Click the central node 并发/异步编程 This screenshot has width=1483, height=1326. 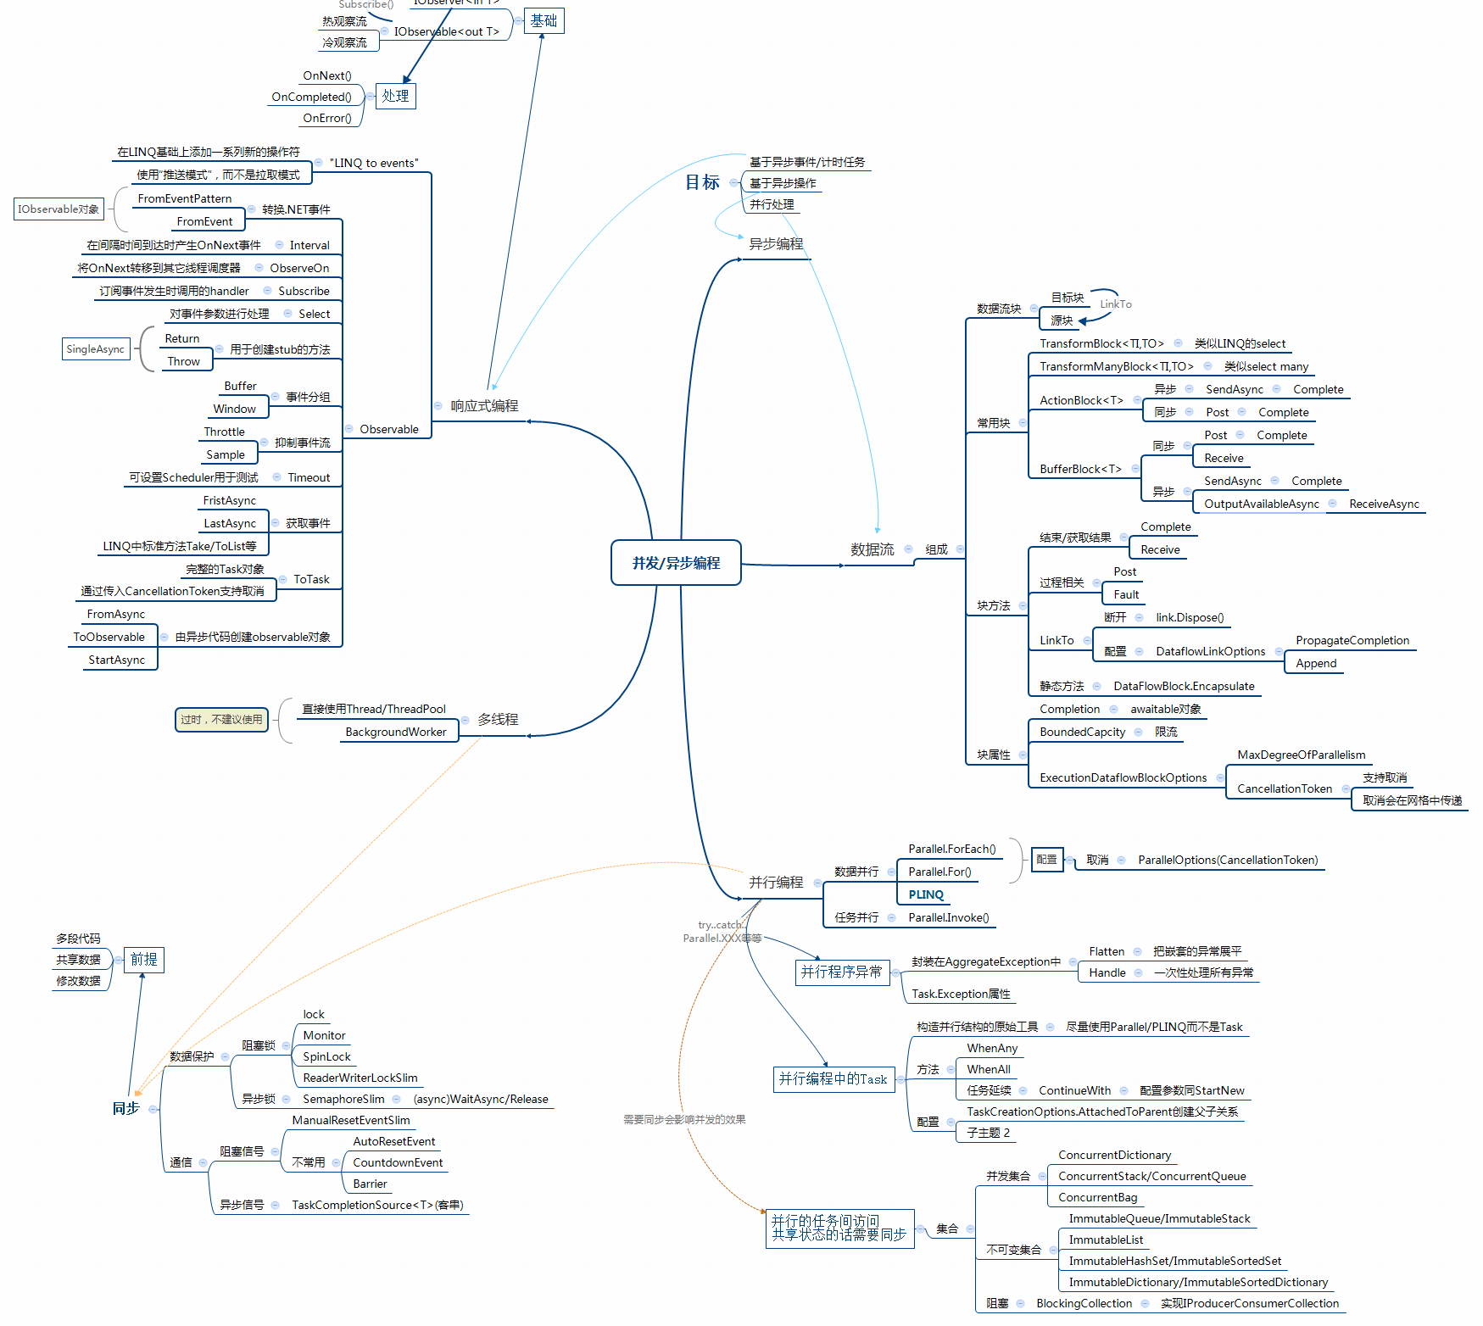[x=676, y=563]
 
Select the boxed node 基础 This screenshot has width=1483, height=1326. [x=544, y=20]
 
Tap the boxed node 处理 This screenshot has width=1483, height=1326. [x=395, y=96]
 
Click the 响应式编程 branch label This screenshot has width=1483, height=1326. [x=484, y=406]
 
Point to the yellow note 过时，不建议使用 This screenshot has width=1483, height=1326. [x=221, y=720]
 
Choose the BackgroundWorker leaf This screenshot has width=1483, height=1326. [x=395, y=733]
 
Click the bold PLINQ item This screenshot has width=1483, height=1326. [x=926, y=894]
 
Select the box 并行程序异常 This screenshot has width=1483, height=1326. [x=841, y=972]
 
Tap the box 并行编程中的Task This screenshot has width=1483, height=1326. [x=833, y=1079]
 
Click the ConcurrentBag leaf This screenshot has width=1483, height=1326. [x=1097, y=1197]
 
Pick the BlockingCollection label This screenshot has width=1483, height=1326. [x=1084, y=1303]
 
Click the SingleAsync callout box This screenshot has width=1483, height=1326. [x=95, y=349]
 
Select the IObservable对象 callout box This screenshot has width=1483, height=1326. [x=59, y=209]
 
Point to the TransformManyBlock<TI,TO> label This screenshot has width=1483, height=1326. [x=1116, y=366]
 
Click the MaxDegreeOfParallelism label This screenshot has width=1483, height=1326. [x=1301, y=755]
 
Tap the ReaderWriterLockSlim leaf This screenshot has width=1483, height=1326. [x=360, y=1078]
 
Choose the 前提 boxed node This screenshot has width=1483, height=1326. [x=143, y=960]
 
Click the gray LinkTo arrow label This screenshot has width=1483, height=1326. [x=1116, y=304]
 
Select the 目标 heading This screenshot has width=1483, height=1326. [x=702, y=182]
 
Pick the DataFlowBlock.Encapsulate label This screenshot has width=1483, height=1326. [x=1184, y=686]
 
